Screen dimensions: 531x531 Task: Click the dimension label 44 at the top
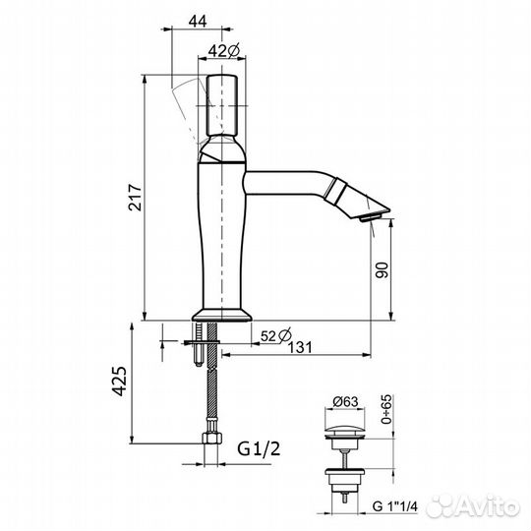[198, 22]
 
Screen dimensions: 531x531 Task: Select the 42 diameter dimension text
[224, 51]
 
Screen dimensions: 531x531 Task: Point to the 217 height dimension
[135, 198]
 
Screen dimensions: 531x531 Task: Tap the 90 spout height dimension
[383, 269]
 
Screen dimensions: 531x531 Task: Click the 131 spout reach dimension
[300, 347]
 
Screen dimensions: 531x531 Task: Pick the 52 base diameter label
[276, 335]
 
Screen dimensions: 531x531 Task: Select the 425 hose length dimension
[119, 381]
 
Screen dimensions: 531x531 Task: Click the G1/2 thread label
[259, 449]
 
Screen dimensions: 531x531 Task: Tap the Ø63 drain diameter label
[345, 401]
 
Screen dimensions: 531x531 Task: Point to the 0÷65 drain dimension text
[386, 409]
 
